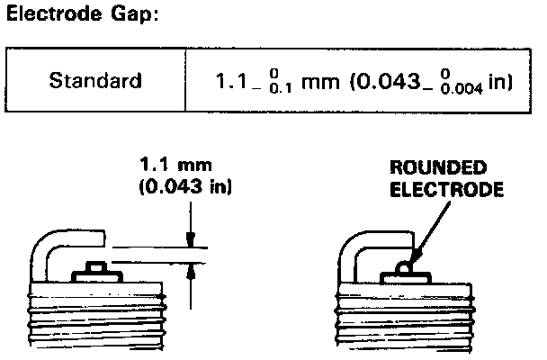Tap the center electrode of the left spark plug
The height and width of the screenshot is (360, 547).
coord(94,267)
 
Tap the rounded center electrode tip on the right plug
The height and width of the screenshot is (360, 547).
coord(406,266)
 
